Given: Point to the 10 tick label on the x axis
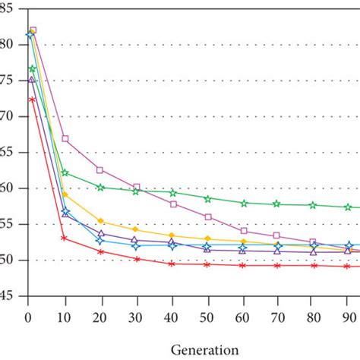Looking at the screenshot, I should coord(65,311).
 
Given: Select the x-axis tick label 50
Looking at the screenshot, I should coord(207,311).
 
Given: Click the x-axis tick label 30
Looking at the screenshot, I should coord(136,311).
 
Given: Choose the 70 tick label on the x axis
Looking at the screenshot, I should coord(277,311).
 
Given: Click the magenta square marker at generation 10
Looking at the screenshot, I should coord(65,139).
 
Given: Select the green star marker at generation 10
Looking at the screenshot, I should coord(65,173).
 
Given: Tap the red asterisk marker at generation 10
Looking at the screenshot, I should coord(65,238).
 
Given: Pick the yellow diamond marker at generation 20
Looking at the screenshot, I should coord(100,222).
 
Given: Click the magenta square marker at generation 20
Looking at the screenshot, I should coord(100,170).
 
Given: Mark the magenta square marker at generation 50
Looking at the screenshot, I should coord(207,217).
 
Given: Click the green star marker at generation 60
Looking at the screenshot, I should coord(243,204).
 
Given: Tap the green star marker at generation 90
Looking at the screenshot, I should coord(349,207).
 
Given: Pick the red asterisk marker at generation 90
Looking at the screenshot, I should coord(349,266).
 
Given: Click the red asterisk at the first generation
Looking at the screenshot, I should coord(32,99).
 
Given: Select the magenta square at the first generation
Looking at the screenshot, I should coord(33,31).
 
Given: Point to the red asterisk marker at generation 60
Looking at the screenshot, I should coord(243,265).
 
